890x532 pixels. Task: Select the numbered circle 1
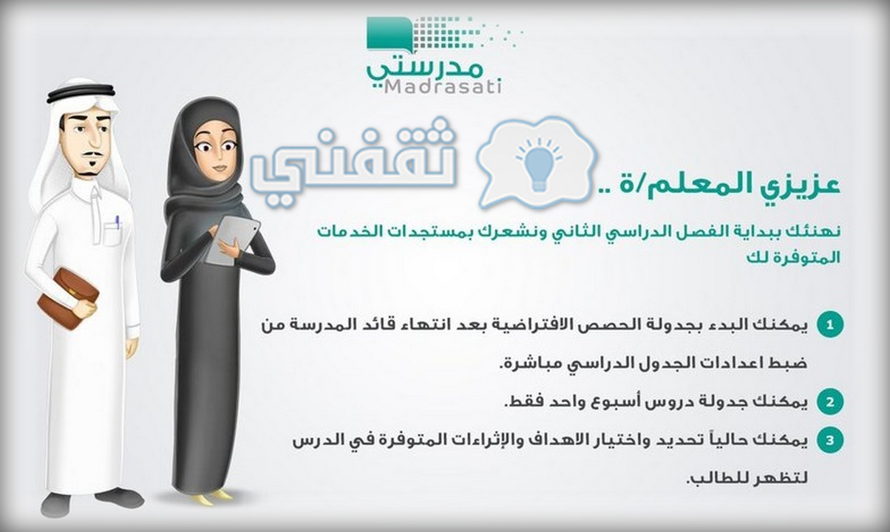[830, 325]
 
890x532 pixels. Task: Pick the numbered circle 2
[830, 402]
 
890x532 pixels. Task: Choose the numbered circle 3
[830, 440]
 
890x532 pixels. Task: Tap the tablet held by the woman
[233, 241]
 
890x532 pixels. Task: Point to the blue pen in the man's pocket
[118, 222]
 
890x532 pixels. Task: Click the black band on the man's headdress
[81, 95]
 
